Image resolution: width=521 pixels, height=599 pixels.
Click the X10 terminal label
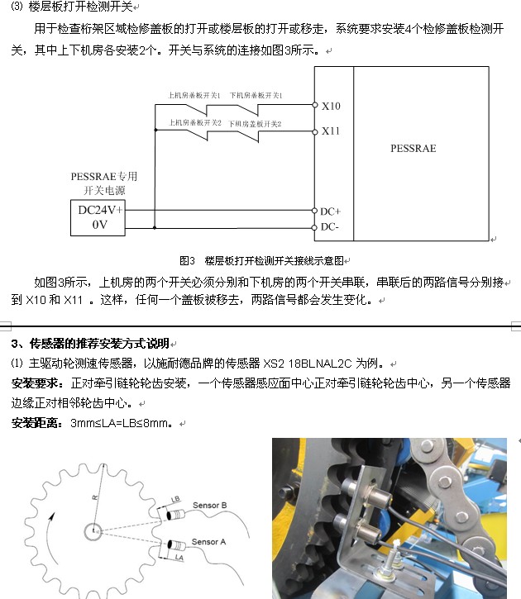click(331, 107)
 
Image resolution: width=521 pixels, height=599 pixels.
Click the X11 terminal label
click(331, 131)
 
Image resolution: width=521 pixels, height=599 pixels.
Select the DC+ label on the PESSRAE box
click(331, 212)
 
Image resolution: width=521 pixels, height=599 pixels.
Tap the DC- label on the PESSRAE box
click(330, 226)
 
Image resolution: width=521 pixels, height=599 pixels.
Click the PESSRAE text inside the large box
click(413, 149)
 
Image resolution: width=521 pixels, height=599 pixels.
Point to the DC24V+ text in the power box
click(100, 209)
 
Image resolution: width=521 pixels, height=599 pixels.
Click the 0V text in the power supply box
click(99, 224)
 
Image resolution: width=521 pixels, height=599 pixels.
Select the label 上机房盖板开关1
click(194, 97)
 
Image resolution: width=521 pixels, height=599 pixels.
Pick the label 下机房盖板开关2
click(256, 124)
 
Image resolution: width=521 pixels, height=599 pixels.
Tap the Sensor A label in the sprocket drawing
click(208, 542)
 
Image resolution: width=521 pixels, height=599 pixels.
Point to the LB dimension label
click(175, 500)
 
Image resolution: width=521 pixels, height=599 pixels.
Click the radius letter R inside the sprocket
click(94, 498)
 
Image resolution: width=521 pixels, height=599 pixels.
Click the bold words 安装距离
click(36, 423)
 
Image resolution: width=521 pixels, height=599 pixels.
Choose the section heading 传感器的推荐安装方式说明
click(98, 343)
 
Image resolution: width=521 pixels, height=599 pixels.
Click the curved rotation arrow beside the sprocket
click(50, 532)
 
